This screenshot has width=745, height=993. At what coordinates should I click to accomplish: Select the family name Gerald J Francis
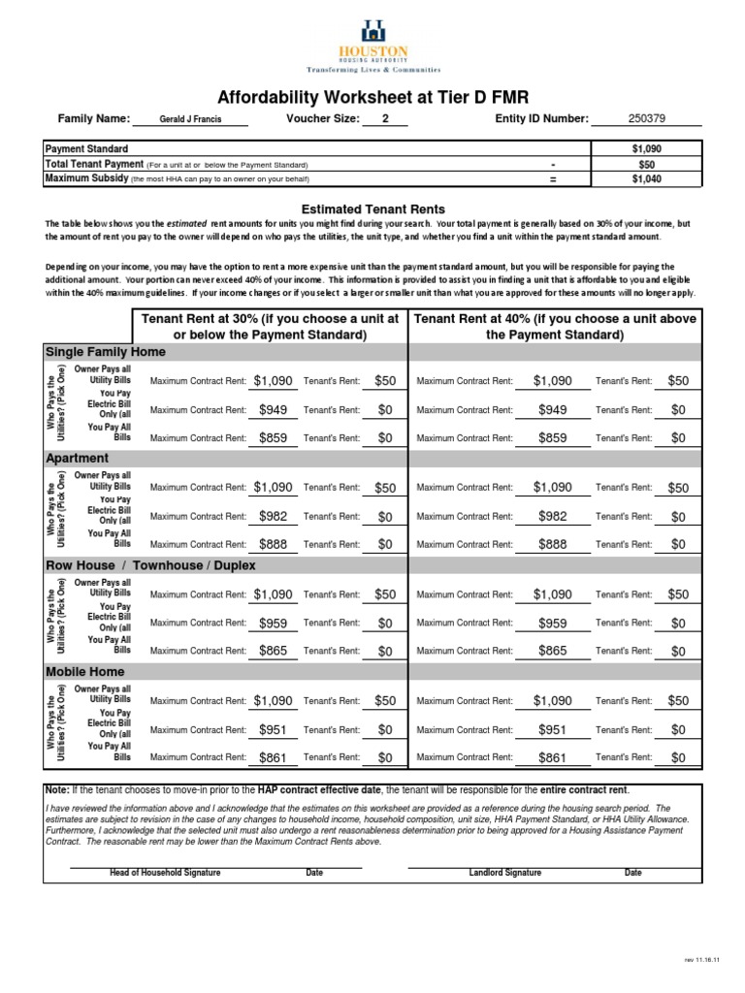tap(190, 120)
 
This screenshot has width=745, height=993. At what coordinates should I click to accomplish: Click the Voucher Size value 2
tap(385, 119)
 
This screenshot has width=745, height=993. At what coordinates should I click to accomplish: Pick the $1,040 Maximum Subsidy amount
tap(646, 178)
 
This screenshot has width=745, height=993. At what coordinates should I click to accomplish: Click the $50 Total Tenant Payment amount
tap(646, 164)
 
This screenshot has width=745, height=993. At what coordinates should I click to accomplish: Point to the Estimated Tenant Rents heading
tap(372, 208)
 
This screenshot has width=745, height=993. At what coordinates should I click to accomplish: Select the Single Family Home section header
tap(106, 352)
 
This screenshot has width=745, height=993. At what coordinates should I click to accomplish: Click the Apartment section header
tap(78, 458)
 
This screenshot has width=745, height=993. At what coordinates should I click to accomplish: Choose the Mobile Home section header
tap(85, 671)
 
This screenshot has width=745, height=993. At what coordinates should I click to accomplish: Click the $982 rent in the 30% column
tap(273, 517)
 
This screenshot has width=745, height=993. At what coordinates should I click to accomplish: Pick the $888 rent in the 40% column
tap(553, 544)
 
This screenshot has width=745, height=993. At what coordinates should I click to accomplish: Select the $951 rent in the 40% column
tap(553, 729)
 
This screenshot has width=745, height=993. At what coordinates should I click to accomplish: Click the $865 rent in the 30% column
tap(273, 651)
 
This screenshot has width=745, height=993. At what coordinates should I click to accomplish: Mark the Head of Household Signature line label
tap(165, 873)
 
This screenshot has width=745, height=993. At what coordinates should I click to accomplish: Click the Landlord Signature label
tap(504, 873)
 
